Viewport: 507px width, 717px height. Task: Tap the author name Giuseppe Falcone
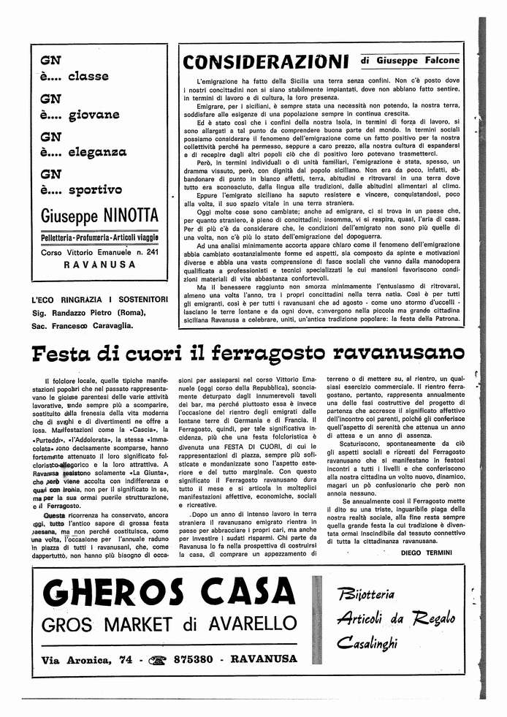coord(420,60)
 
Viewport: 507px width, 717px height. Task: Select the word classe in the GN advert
coord(88,76)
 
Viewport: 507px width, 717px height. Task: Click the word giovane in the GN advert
coord(94,115)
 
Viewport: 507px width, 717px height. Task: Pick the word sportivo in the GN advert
coord(95,190)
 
